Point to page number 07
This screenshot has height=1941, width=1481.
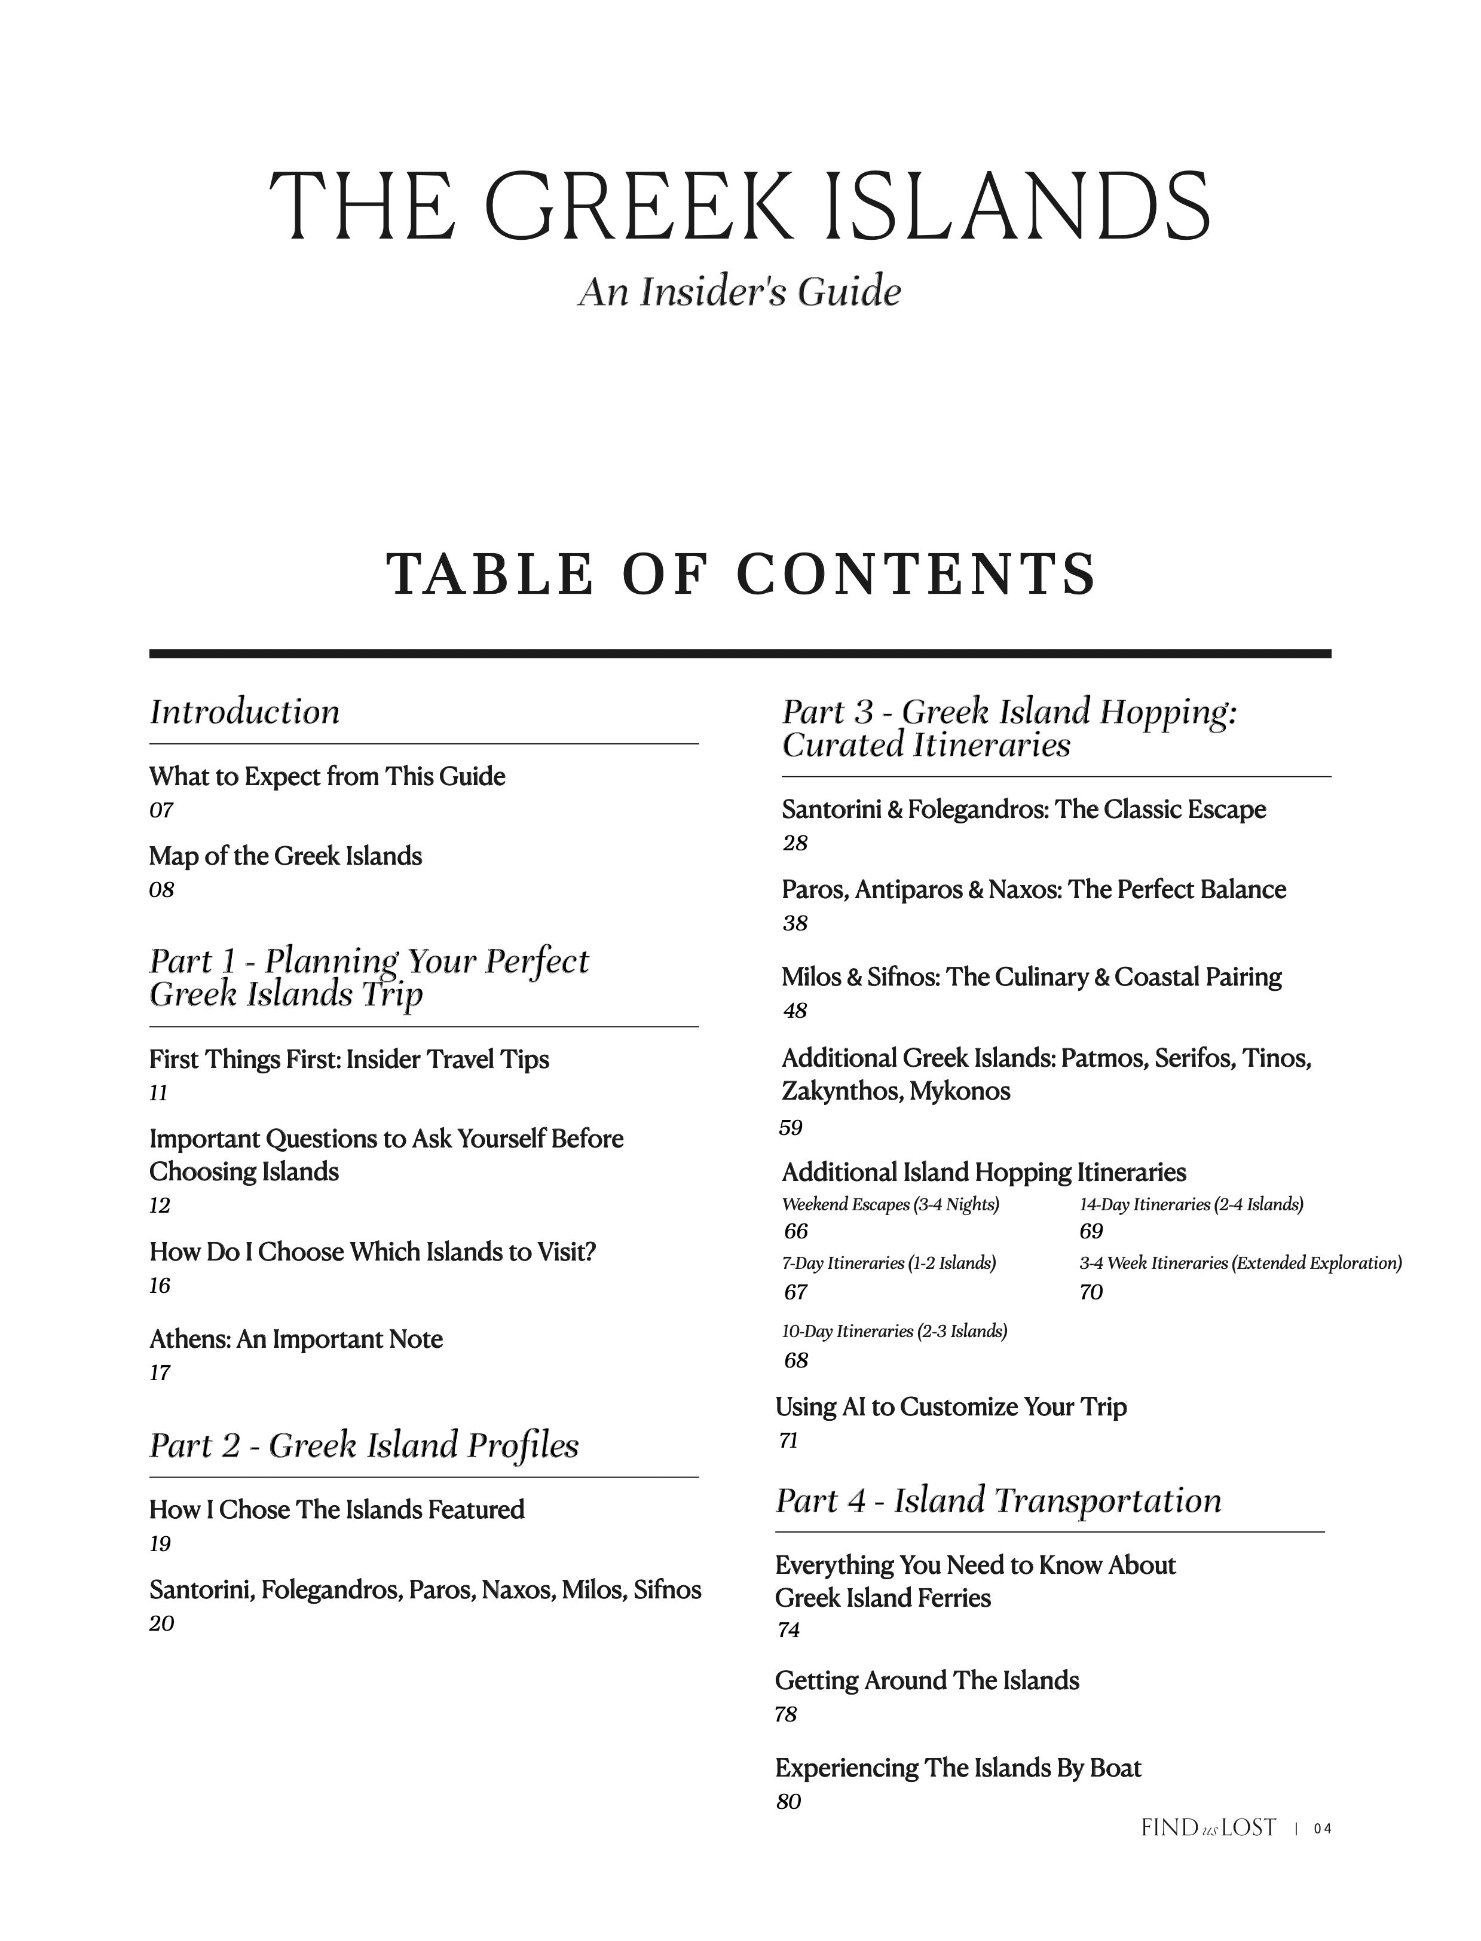[x=161, y=810]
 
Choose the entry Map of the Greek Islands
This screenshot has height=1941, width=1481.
[x=286, y=856]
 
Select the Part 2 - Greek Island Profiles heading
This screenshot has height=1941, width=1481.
[x=364, y=1445]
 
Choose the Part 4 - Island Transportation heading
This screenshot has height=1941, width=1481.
[x=998, y=1500]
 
